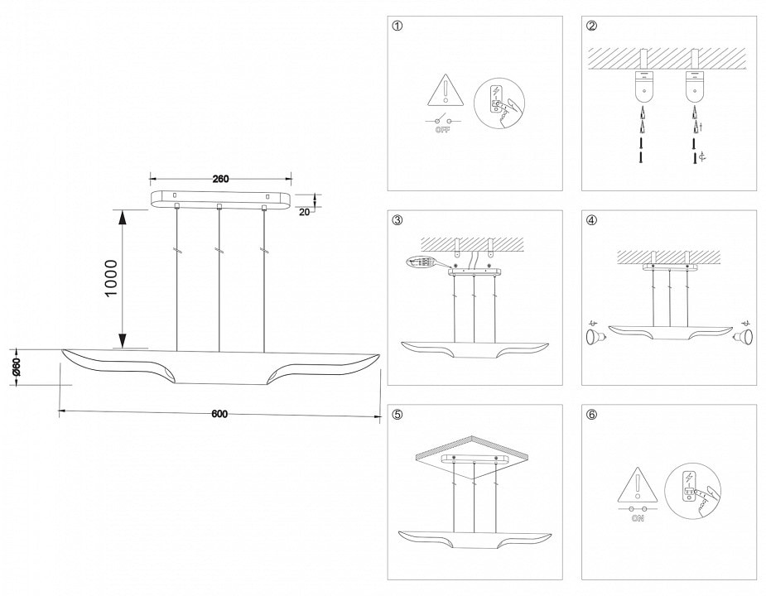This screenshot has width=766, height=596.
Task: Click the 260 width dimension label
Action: [220, 179]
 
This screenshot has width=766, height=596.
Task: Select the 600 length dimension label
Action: [219, 415]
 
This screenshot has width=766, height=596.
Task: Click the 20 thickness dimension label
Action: [304, 211]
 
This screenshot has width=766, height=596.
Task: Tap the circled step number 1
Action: [397, 26]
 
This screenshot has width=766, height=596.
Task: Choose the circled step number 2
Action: [591, 26]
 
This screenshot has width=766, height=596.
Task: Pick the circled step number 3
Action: [397, 220]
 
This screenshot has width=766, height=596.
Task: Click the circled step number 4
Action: [591, 220]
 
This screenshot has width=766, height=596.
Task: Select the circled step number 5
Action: [397, 415]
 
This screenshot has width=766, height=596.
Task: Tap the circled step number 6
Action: [591, 415]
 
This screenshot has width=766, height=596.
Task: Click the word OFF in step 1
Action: [443, 132]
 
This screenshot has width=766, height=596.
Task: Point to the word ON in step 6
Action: [638, 519]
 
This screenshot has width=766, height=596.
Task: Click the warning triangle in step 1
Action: [445, 90]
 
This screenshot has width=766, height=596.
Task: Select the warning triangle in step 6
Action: [638, 487]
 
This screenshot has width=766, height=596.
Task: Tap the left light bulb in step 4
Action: [594, 336]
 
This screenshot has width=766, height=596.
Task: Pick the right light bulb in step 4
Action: [742, 336]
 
